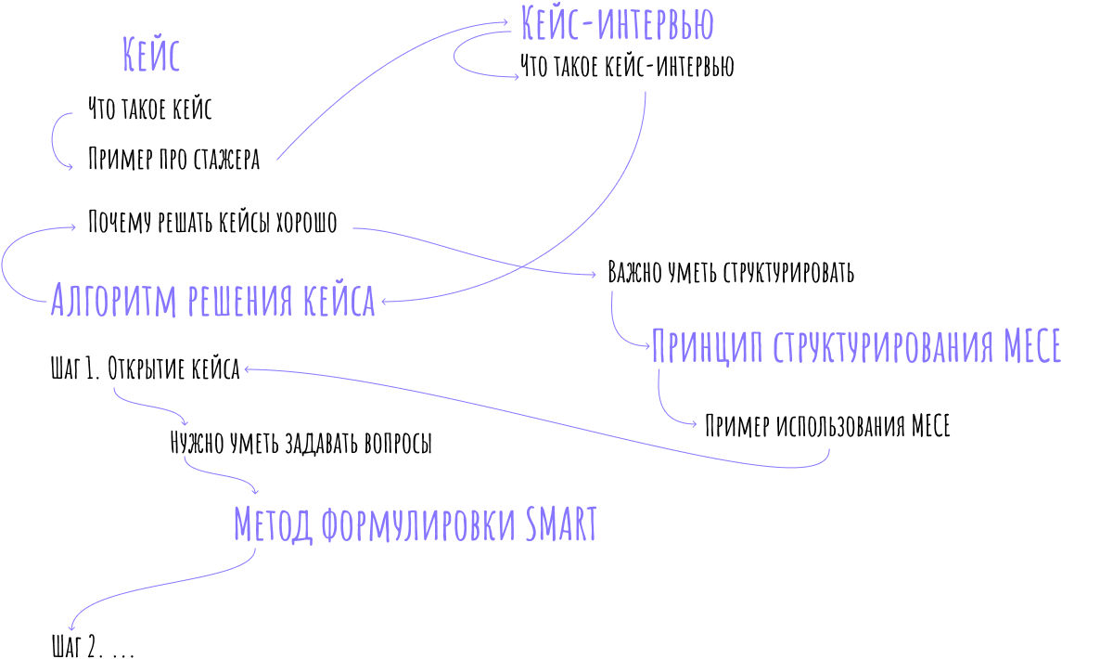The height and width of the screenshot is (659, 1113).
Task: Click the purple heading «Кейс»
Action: (x=151, y=54)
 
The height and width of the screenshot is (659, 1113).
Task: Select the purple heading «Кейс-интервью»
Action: (x=617, y=23)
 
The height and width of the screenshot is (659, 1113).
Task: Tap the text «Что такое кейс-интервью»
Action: (x=627, y=66)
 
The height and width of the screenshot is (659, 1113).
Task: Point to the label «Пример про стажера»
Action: (x=174, y=159)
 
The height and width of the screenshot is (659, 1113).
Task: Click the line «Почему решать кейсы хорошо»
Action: (x=212, y=221)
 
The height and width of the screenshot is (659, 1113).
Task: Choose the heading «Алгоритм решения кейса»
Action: (x=213, y=300)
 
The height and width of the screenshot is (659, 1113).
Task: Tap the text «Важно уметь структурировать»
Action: (x=732, y=272)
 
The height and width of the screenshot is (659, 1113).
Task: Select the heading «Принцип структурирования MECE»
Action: (x=857, y=345)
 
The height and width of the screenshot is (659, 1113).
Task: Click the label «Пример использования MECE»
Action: (x=827, y=426)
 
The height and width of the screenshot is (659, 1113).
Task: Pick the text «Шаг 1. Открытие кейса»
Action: (x=145, y=368)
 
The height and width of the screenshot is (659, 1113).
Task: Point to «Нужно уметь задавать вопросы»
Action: (x=301, y=442)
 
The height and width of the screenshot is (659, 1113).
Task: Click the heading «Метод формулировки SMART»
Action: (x=416, y=524)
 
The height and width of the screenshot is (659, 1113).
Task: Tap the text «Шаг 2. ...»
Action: (x=94, y=646)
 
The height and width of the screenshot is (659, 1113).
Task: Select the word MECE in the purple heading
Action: (x=1032, y=345)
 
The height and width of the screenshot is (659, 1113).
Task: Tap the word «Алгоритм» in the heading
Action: (x=114, y=300)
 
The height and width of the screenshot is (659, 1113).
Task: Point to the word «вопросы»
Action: (x=398, y=443)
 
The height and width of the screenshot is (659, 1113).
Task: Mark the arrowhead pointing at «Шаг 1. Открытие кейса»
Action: (x=247, y=369)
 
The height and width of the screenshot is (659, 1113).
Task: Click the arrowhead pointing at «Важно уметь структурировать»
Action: (x=593, y=275)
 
